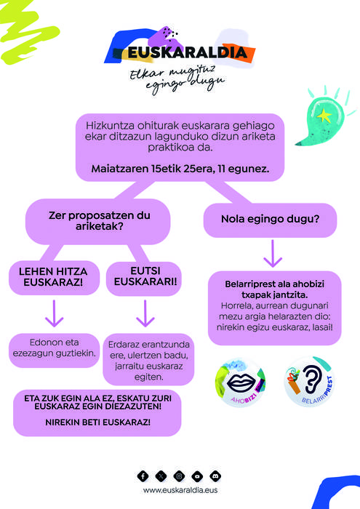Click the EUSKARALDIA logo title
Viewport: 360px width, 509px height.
188,53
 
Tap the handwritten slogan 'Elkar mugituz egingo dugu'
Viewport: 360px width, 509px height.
177,79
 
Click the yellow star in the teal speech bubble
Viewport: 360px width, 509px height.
324,116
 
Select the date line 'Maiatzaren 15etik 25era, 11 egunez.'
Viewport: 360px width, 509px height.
180,169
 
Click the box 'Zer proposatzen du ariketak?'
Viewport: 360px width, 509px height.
98,221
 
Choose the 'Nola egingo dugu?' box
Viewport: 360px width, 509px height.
270,220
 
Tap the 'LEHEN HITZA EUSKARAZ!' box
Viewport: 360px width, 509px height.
54,278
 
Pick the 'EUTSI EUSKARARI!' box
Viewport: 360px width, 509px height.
145,277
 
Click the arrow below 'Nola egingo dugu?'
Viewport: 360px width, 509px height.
273,254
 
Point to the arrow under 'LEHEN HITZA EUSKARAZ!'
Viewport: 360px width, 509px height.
55,313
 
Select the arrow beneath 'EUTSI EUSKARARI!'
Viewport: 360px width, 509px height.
145,313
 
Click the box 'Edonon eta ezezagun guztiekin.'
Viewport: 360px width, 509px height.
55,350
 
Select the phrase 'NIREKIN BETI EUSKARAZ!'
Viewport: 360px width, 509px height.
97,422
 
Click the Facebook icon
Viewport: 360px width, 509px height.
143,476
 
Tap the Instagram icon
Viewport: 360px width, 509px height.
179,476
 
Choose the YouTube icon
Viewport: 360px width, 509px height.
197,476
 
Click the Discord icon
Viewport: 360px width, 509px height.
215,476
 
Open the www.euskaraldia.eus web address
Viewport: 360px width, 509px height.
180,490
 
